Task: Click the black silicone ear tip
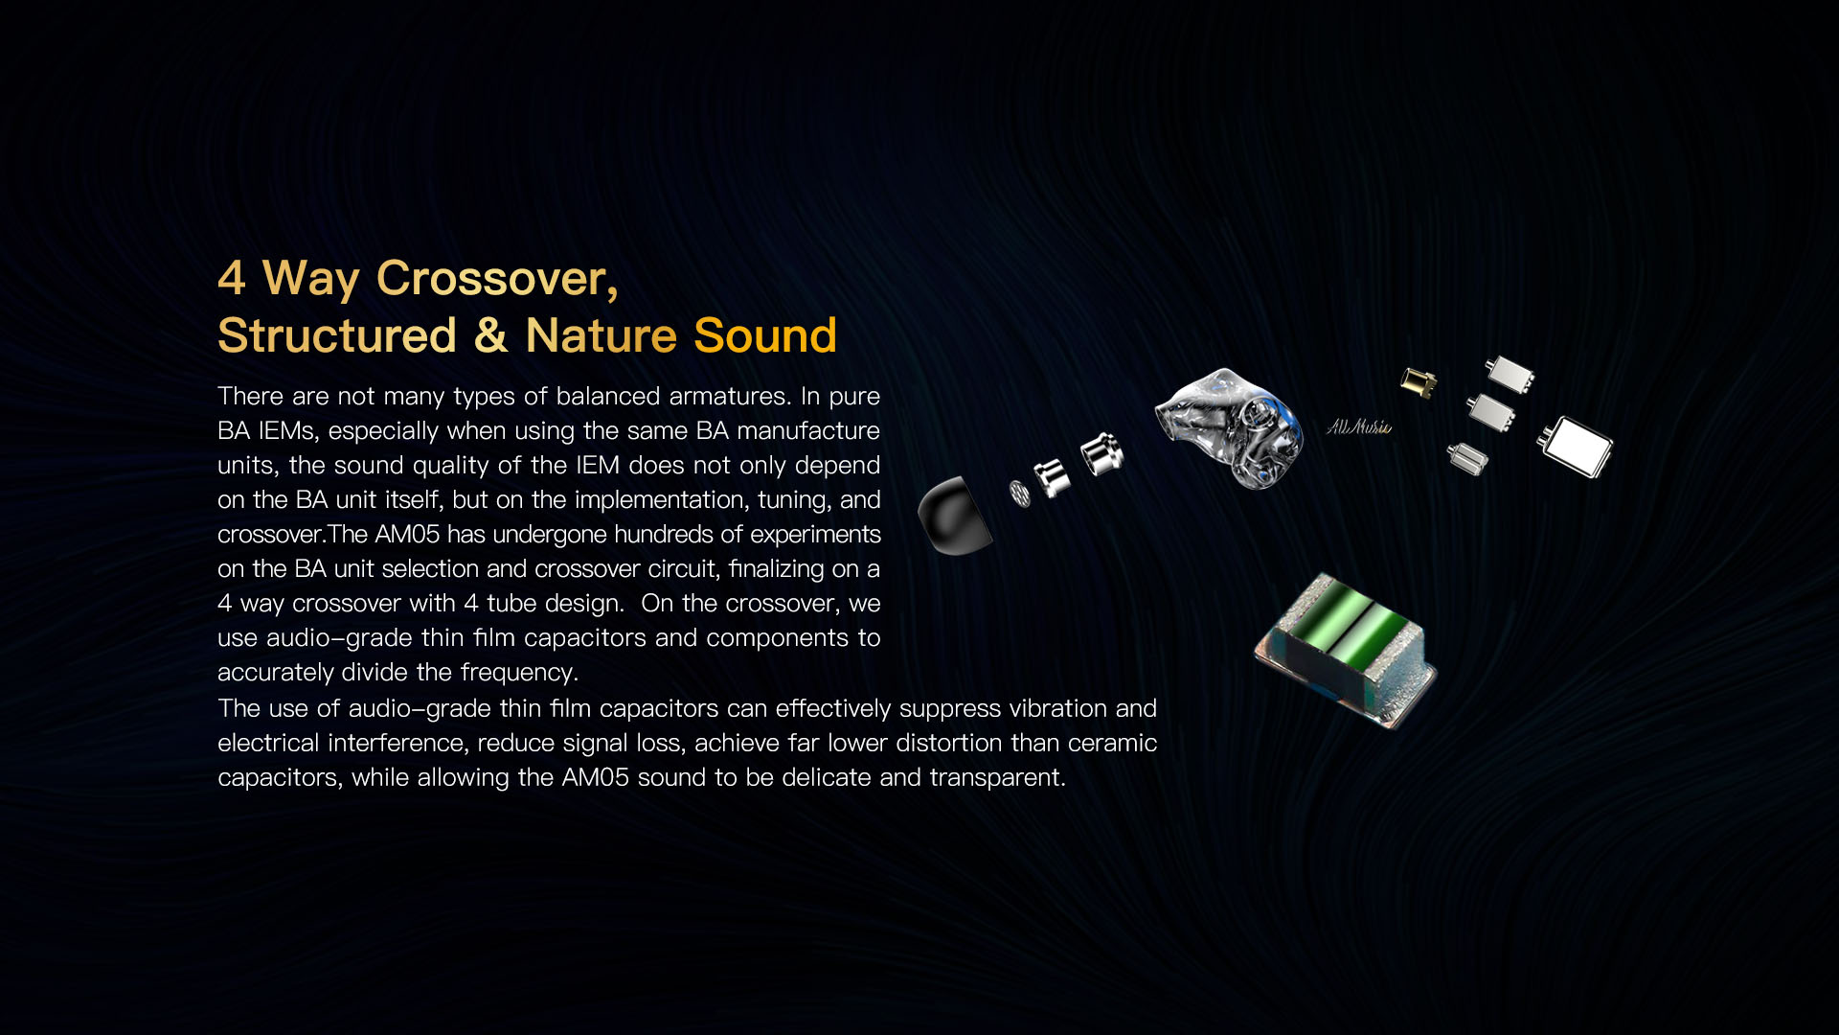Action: coord(952,516)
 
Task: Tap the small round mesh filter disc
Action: coord(1020,494)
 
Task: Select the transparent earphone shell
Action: coord(1231,426)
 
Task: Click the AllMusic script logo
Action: coord(1358,426)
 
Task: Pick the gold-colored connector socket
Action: coord(1418,382)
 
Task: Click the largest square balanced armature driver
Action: coord(1577,447)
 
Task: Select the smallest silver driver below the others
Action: coord(1466,458)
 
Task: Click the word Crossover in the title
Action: coord(496,279)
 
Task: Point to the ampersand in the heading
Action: coord(490,336)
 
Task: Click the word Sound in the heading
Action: coord(764,336)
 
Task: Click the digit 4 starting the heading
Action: coord(231,279)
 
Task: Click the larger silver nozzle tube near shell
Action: coord(1101,453)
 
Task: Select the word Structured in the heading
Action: coord(337,336)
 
